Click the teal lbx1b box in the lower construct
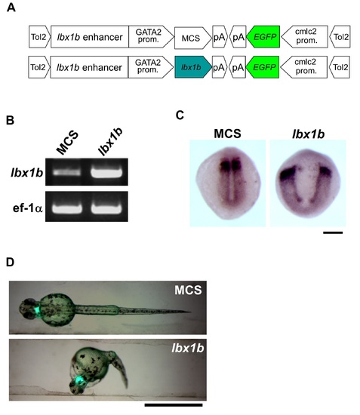click(193, 67)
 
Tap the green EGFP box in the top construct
click(263, 37)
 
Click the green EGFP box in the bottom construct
click(263, 67)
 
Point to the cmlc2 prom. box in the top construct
click(304, 37)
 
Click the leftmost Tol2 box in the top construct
click(39, 37)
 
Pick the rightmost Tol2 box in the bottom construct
click(340, 67)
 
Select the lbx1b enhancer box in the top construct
click(90, 37)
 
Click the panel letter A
click(11, 8)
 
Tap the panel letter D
click(10, 262)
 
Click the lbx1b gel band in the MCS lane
click(66, 172)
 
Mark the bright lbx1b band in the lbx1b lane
click(106, 172)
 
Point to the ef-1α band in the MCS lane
click(67, 208)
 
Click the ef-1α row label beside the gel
click(27, 208)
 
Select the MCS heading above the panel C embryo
click(227, 134)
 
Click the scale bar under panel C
click(333, 232)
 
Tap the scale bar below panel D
click(174, 405)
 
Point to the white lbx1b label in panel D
click(188, 348)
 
